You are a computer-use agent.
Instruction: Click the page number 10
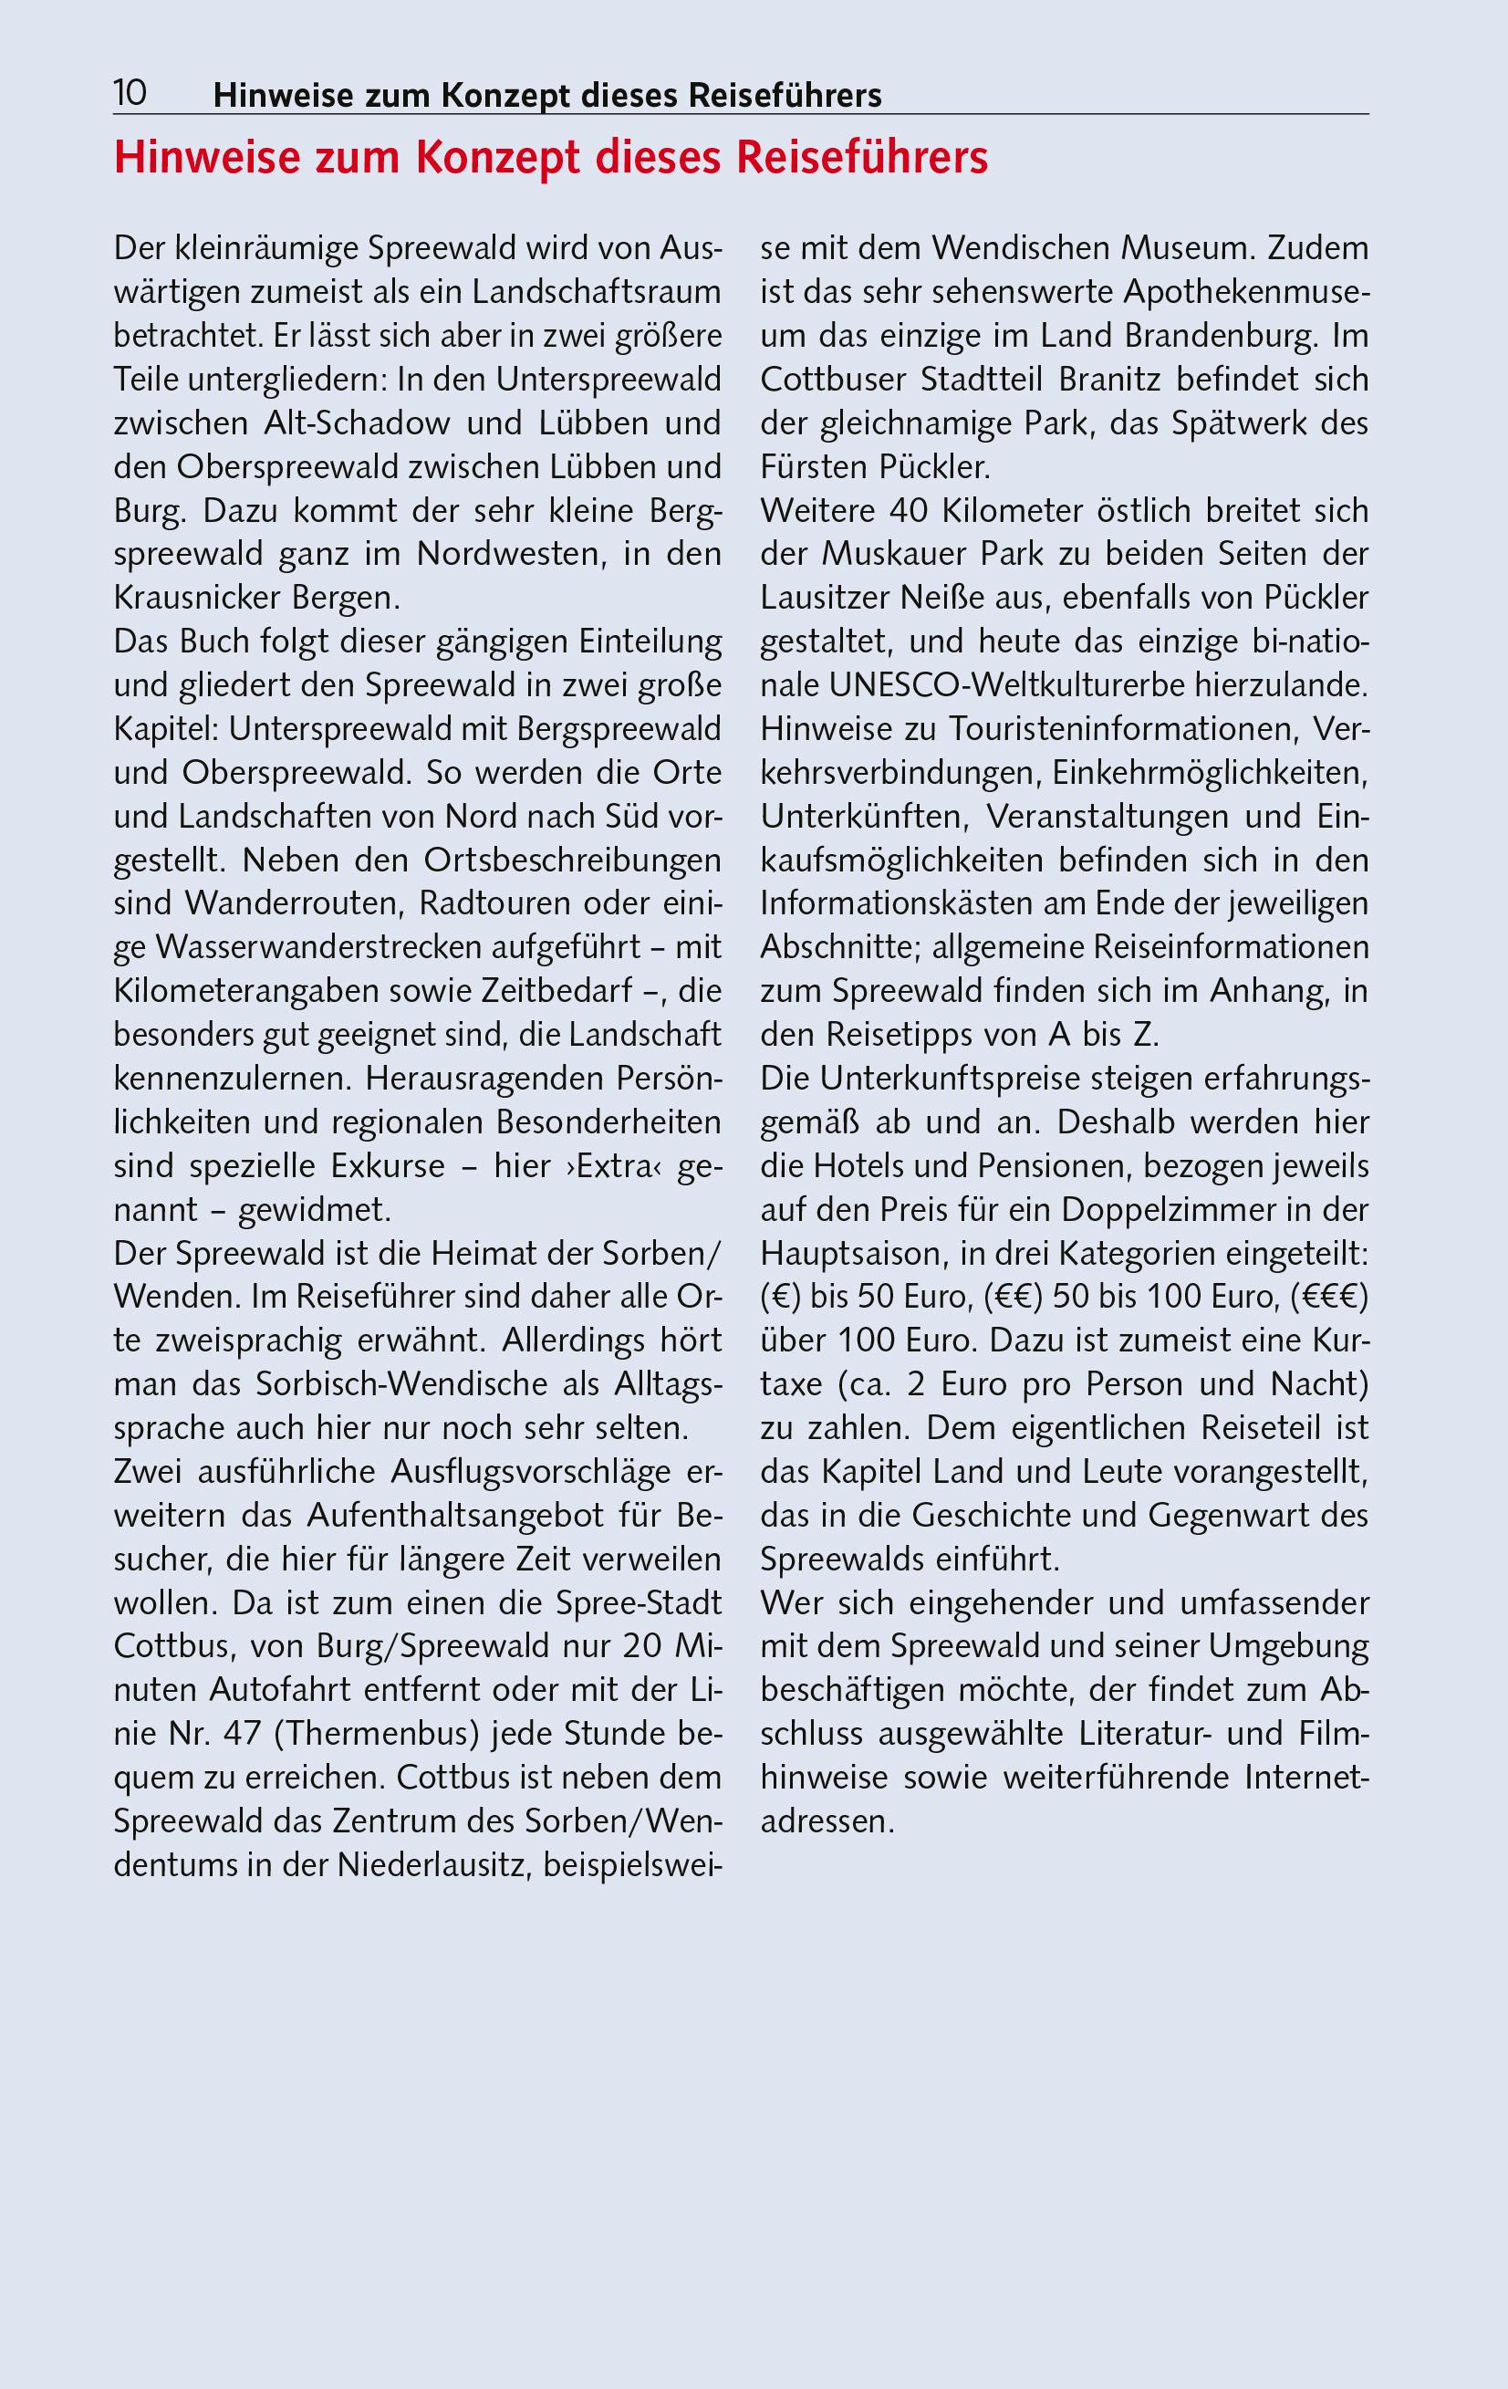tap(130, 94)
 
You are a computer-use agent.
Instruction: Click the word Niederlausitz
tap(428, 1865)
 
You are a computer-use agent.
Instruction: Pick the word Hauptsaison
tap(852, 1253)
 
